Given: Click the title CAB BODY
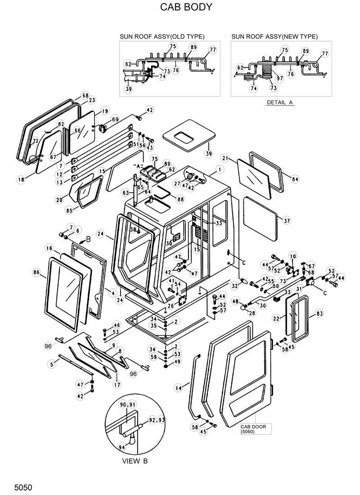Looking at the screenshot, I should [x=180, y=8].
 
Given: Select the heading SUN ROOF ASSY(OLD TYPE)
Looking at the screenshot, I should [x=162, y=36].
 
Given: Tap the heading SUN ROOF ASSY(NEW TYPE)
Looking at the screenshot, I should [x=274, y=36].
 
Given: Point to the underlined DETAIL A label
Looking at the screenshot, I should [x=279, y=102].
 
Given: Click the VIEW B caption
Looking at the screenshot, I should [x=135, y=461].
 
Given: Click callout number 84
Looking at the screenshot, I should [x=295, y=179].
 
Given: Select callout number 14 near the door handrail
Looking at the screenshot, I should [x=179, y=387].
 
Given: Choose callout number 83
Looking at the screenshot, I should [x=319, y=313].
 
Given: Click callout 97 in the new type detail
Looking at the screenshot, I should [x=279, y=78].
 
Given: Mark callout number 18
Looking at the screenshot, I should [x=21, y=180].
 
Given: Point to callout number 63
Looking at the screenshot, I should [x=126, y=193].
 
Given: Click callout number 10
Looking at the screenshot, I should [x=293, y=256].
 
